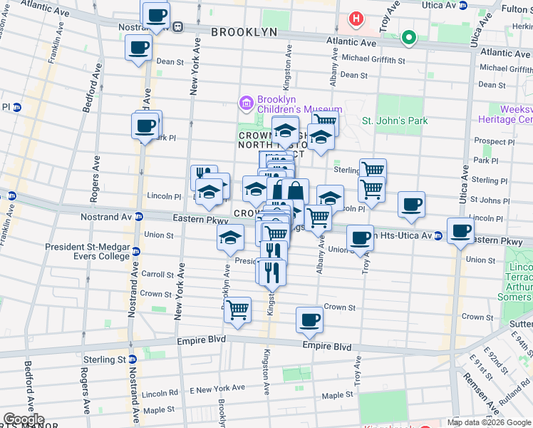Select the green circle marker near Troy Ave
(x=408, y=37)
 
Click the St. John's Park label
(x=395, y=121)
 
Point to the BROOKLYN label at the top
(x=244, y=33)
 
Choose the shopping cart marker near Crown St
(x=237, y=310)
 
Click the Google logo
(x=24, y=419)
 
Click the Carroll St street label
(x=157, y=274)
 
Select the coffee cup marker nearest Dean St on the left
(x=138, y=49)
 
